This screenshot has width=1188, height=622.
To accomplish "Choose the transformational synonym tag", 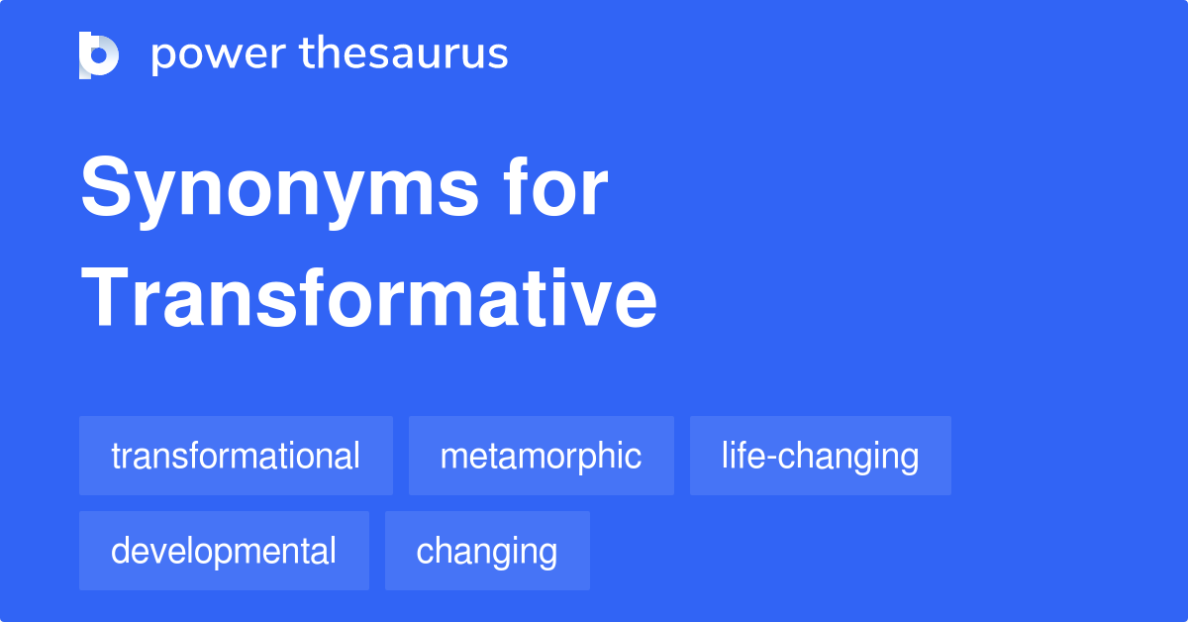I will (236, 456).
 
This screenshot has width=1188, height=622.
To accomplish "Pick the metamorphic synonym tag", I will (541, 456).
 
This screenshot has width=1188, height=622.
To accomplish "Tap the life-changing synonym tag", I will (820, 456).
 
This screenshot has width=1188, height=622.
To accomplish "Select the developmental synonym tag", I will (224, 551).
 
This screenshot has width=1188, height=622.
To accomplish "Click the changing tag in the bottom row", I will (487, 551).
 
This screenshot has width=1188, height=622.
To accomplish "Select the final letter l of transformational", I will (356, 456).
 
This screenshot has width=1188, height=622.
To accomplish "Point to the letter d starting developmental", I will (120, 551).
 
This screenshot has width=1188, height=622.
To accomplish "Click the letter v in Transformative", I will (602, 300).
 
